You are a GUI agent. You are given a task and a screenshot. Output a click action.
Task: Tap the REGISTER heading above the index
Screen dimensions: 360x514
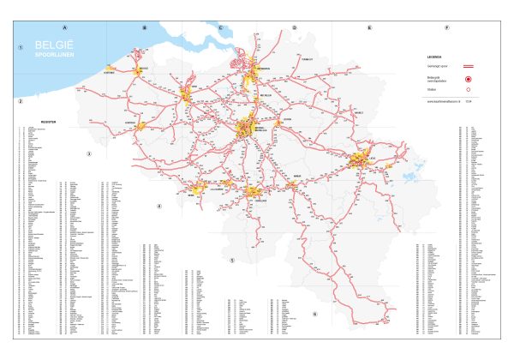click(x=48, y=122)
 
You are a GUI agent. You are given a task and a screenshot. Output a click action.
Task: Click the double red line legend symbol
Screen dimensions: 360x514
click(x=470, y=65)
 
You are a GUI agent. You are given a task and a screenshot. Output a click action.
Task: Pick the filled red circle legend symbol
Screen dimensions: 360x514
click(x=470, y=77)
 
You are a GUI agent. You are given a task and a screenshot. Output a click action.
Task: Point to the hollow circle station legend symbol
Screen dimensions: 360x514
click(x=470, y=89)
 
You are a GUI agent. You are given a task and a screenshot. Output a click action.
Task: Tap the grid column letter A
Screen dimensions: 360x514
click(x=63, y=27)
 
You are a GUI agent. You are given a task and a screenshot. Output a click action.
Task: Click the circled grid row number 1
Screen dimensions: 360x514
click(x=19, y=47)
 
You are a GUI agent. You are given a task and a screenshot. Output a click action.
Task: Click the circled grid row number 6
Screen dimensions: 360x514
click(x=314, y=314)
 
